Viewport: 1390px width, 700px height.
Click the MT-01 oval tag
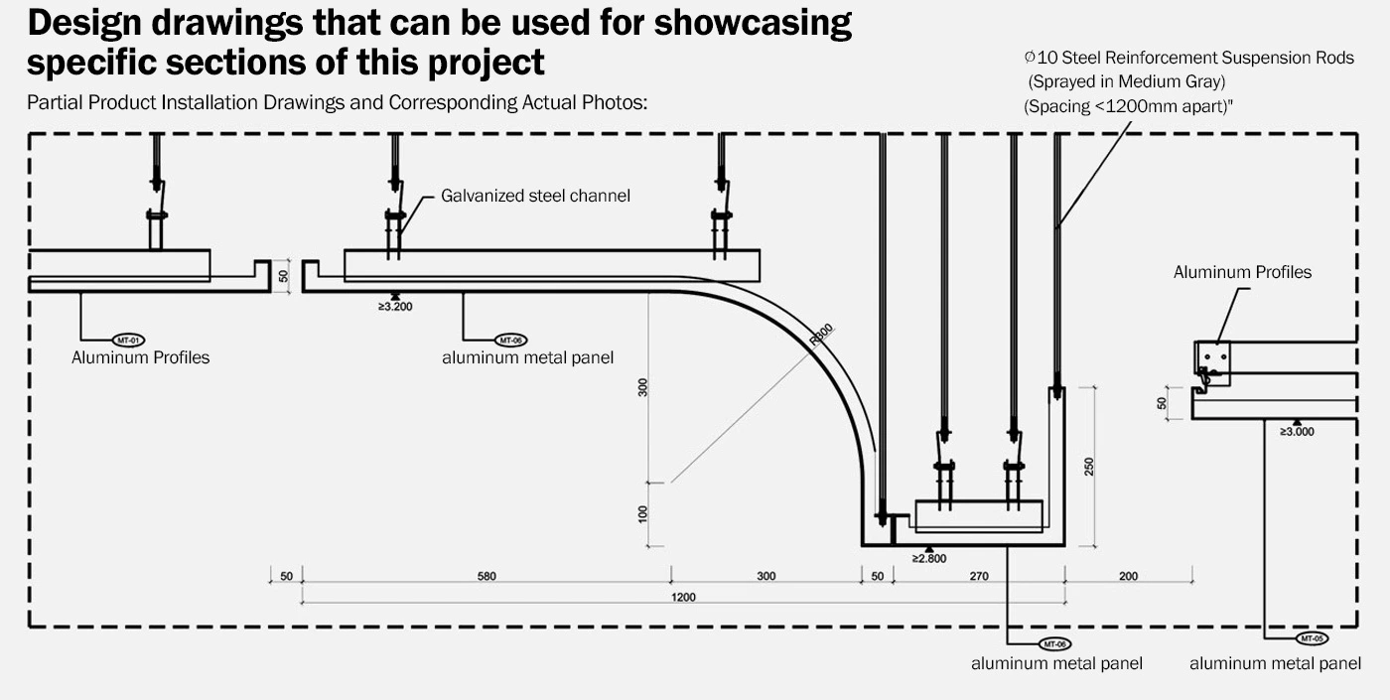(x=130, y=341)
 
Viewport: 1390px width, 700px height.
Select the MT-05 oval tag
(x=1312, y=638)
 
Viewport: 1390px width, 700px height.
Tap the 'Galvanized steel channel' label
(x=535, y=196)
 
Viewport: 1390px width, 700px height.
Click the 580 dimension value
(x=486, y=576)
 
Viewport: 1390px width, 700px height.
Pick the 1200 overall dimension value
(x=683, y=597)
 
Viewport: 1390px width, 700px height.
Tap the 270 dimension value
(x=979, y=576)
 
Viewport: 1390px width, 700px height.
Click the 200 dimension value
(x=1129, y=576)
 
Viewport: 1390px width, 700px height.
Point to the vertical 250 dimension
(x=1088, y=467)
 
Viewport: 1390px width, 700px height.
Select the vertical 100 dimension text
(x=643, y=513)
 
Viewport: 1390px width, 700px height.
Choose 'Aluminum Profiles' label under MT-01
(x=140, y=357)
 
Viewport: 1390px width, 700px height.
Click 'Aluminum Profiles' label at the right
(x=1242, y=272)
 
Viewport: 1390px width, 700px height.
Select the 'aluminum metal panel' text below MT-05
(x=1275, y=663)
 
